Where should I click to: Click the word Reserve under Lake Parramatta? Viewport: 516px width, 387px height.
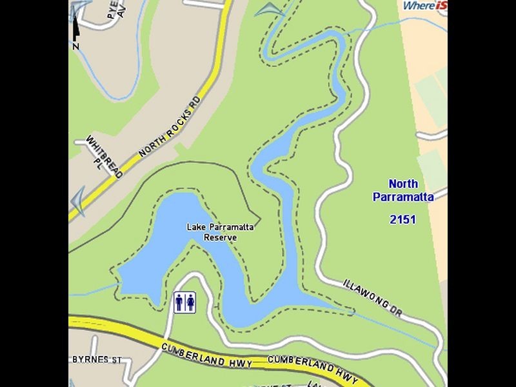[x=220, y=237]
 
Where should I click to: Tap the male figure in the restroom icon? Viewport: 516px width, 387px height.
[x=179, y=303]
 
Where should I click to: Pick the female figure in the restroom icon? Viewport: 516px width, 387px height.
[x=190, y=303]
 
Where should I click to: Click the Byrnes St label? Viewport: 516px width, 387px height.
[x=97, y=359]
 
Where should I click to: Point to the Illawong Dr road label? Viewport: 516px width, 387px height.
[x=372, y=297]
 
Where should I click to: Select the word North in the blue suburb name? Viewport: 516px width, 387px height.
[x=403, y=184]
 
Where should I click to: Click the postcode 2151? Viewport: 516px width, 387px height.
[x=402, y=219]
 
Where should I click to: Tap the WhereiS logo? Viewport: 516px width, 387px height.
[x=425, y=6]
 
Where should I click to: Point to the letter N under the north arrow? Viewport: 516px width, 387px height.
[x=76, y=46]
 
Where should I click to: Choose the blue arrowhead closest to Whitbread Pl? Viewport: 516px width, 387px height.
[x=78, y=201]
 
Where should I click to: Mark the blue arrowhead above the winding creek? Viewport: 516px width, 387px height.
[x=270, y=10]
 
